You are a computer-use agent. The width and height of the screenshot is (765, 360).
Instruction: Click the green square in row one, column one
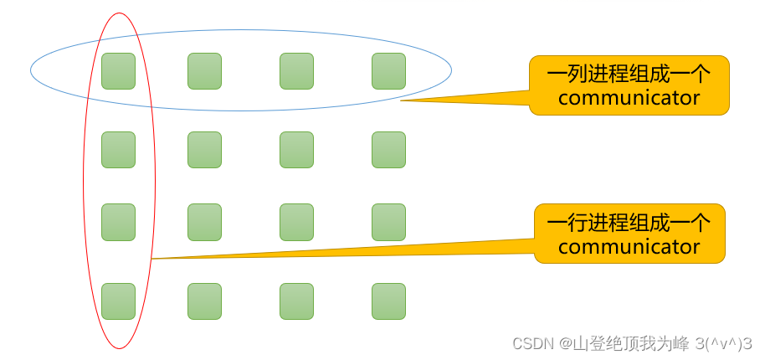[x=118, y=71]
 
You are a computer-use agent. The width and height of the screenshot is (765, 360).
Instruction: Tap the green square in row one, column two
[x=204, y=71]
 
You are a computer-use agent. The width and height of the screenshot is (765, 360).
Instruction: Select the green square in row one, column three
[x=296, y=71]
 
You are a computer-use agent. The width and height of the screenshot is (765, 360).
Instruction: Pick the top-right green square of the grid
[x=388, y=71]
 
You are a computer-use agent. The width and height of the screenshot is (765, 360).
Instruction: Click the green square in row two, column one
[x=118, y=150]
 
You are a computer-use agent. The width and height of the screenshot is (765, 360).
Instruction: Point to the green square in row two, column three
[x=296, y=150]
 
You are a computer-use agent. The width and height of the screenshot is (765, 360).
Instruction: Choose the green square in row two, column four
[x=388, y=150]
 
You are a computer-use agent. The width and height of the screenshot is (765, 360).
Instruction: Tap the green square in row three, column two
[x=204, y=222]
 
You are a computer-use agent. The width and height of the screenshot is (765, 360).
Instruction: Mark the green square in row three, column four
[x=388, y=222]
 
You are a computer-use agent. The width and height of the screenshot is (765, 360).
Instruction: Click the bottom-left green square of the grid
[x=118, y=301]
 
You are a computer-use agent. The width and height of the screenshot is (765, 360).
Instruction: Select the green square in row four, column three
[x=296, y=301]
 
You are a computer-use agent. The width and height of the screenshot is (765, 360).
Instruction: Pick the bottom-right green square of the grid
[x=388, y=301]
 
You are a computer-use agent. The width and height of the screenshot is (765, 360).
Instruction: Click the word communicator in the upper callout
[x=629, y=98]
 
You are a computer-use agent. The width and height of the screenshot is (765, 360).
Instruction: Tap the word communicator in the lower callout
[x=629, y=247]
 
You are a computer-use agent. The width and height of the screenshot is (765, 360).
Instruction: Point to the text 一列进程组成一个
[x=629, y=74]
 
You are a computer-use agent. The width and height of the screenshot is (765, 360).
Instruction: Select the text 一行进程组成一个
[x=629, y=223]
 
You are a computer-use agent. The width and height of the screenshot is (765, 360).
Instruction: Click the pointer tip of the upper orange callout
[x=402, y=100]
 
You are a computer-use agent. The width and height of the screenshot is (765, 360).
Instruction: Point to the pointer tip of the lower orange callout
[x=153, y=259]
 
